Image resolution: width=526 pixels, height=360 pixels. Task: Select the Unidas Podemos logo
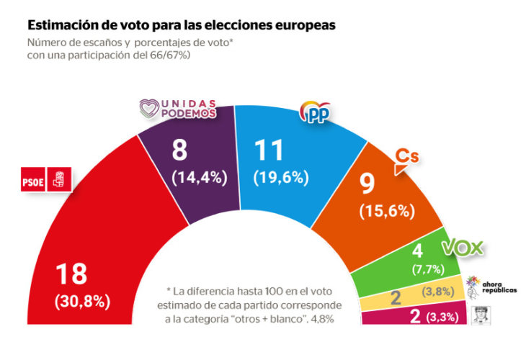pyautogui.click(x=177, y=109)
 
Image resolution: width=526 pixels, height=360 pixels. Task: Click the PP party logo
pyautogui.click(x=314, y=112)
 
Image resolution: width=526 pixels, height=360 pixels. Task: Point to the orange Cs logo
pyautogui.click(x=407, y=161)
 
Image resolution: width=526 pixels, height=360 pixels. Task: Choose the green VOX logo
pyautogui.click(x=462, y=248)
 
